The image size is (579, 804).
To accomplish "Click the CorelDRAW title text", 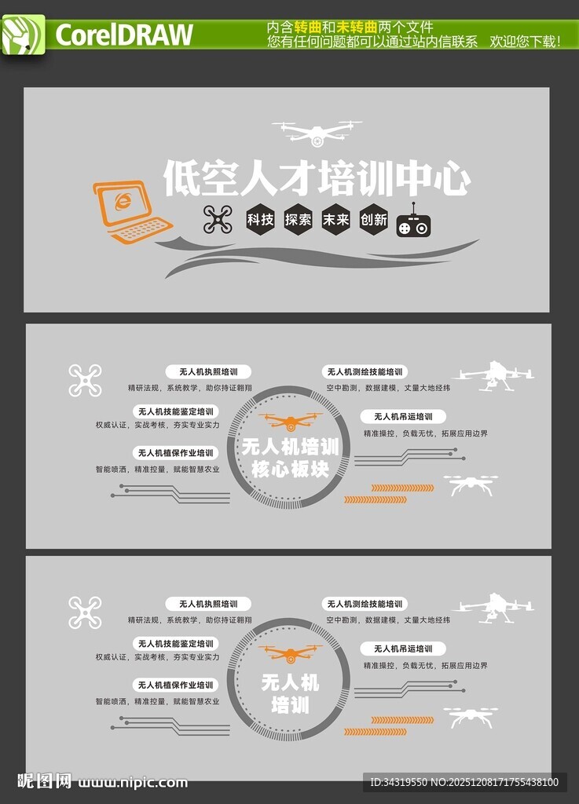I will tap(124, 35).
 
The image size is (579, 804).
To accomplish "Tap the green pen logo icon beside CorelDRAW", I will tap(23, 35).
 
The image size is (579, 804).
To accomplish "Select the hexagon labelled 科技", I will tap(260, 220).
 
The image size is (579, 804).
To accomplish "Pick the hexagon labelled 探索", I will tap(299, 220).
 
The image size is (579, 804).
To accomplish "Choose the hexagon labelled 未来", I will tap(336, 220).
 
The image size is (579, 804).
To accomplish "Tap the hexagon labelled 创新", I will tap(374, 220).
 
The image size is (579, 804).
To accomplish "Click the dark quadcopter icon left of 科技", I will tap(218, 220).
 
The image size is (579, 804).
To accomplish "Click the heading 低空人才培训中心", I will tap(317, 178).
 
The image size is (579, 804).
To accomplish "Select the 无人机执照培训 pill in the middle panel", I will tap(208, 371).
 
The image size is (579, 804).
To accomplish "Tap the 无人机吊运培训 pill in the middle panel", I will tap(403, 416).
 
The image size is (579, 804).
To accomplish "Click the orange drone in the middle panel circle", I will tap(290, 422).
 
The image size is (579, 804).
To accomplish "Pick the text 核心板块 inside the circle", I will tap(290, 470).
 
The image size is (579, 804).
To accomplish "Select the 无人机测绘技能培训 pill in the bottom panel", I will tap(365, 604).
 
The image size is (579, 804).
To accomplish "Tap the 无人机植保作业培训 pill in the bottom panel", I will tap(176, 685).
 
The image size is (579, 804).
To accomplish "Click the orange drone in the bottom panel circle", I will tap(290, 653).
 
